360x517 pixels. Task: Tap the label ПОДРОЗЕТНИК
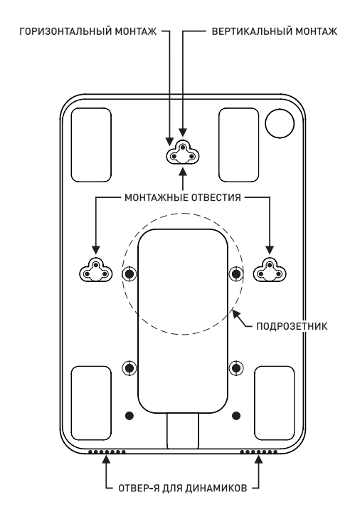tap(292, 326)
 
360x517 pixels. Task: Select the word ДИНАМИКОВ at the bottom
tap(216, 488)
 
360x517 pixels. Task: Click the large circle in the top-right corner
tap(280, 124)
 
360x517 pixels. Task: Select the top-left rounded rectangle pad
tap(91, 145)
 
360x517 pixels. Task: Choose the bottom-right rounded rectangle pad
tap(275, 403)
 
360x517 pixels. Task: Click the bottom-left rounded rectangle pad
tap(91, 403)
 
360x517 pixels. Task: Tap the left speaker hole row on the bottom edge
tap(107, 451)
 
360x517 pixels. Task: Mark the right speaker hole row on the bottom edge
tap(258, 451)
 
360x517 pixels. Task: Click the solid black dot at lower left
tap(129, 415)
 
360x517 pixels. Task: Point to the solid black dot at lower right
tap(236, 415)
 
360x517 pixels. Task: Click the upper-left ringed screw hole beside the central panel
tap(129, 273)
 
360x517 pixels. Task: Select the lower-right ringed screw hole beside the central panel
tap(236, 367)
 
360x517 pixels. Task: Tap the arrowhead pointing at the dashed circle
tap(235, 313)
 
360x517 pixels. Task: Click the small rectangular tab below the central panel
tap(183, 431)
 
